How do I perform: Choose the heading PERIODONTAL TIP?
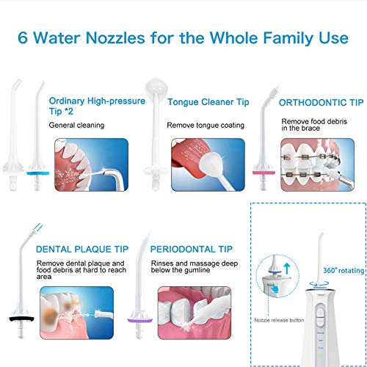click(x=191, y=250)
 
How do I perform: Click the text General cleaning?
click(x=76, y=126)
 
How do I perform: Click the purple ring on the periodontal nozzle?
click(x=140, y=321)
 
